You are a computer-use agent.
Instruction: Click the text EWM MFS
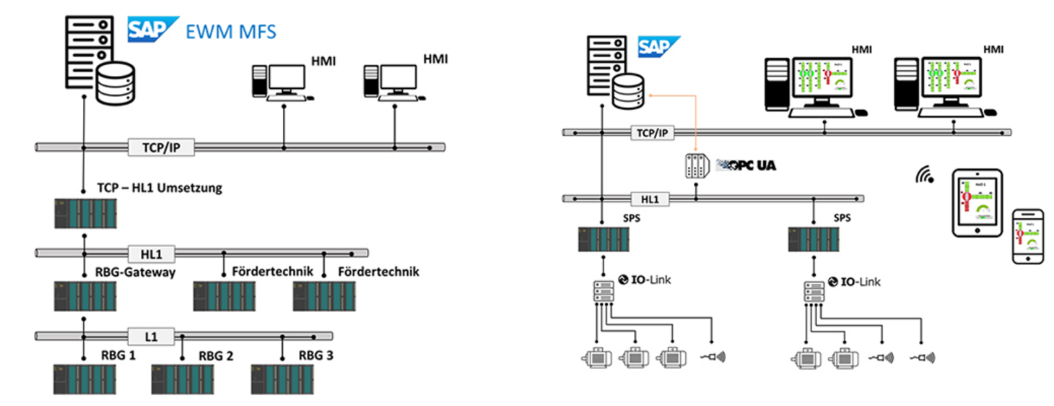pyautogui.click(x=231, y=31)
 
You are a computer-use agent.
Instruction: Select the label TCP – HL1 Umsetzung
pyautogui.click(x=160, y=189)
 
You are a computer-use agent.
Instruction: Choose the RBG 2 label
pyautogui.click(x=215, y=355)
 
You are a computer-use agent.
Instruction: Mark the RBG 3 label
pyautogui.click(x=316, y=355)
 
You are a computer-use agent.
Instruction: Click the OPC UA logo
pyautogui.click(x=745, y=165)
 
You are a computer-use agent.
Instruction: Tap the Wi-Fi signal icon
pyautogui.click(x=924, y=174)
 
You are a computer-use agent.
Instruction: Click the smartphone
pyautogui.click(x=1027, y=237)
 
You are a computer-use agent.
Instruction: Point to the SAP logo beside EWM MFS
pyautogui.click(x=153, y=30)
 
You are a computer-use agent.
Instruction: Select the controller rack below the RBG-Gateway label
pyautogui.click(x=85, y=296)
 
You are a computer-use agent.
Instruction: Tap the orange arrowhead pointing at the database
pyautogui.click(x=650, y=95)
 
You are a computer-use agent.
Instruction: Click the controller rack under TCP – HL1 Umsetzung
pyautogui.click(x=85, y=213)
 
